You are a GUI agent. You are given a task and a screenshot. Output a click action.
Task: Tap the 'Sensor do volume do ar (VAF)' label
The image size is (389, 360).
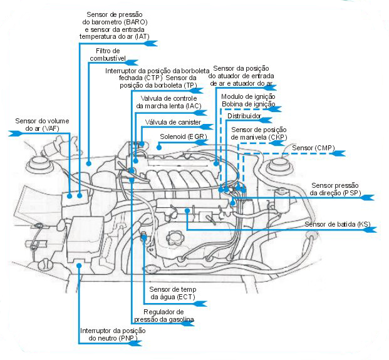click(x=43, y=124)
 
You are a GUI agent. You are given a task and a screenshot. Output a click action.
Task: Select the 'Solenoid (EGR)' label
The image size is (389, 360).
click(x=179, y=135)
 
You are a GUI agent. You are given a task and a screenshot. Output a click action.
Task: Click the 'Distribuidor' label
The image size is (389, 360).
click(x=243, y=116)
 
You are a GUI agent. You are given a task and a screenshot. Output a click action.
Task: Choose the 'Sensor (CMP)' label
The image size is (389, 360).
click(x=313, y=148)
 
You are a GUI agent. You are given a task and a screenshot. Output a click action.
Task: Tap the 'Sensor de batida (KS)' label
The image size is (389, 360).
click(x=337, y=224)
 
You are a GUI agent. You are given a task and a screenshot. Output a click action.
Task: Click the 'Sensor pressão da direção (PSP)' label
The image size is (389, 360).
click(x=336, y=189)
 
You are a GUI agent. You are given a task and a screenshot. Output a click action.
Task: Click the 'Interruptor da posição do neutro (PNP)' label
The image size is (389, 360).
click(x=112, y=334)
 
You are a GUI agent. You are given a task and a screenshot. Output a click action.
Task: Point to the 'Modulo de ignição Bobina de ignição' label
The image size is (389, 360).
click(x=249, y=100)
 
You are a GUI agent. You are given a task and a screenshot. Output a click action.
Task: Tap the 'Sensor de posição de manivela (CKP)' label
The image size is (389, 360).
click(x=258, y=133)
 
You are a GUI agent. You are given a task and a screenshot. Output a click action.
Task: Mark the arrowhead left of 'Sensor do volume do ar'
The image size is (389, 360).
click(x=14, y=133)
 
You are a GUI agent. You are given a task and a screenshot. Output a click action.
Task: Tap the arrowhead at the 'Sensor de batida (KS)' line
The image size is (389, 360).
click(x=370, y=230)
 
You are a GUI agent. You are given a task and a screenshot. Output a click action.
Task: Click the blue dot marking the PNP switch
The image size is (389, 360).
click(x=79, y=265)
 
